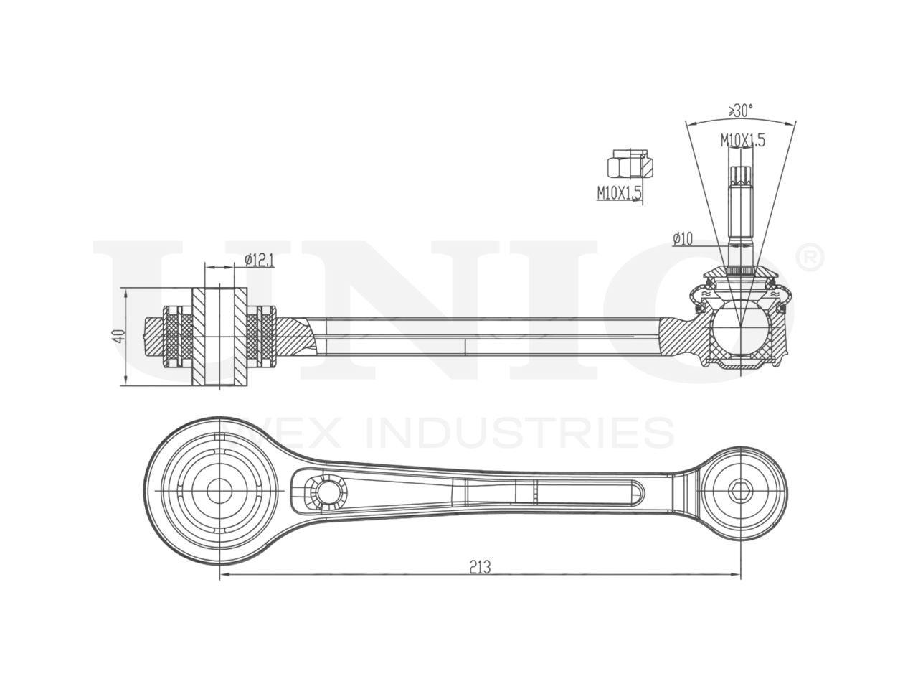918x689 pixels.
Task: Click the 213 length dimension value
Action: pyautogui.click(x=480, y=567)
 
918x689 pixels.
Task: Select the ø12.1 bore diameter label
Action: pyautogui.click(x=259, y=260)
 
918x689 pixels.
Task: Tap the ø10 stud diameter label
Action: pyautogui.click(x=683, y=240)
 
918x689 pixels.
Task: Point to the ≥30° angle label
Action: pyautogui.click(x=740, y=111)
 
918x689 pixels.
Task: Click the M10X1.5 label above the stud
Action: pyautogui.click(x=743, y=141)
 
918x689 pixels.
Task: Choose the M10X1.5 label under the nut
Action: pyautogui.click(x=619, y=192)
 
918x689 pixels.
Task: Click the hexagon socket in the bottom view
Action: pyautogui.click(x=739, y=492)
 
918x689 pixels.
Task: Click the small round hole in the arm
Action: pyautogui.click(x=329, y=492)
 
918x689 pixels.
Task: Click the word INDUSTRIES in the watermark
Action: pyautogui.click(x=521, y=433)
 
